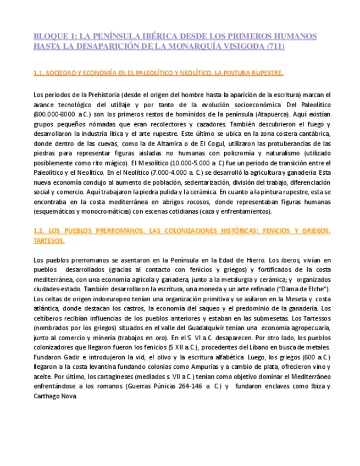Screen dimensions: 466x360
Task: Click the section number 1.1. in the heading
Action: pos(38,73)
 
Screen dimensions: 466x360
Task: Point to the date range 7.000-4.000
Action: pos(155,173)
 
